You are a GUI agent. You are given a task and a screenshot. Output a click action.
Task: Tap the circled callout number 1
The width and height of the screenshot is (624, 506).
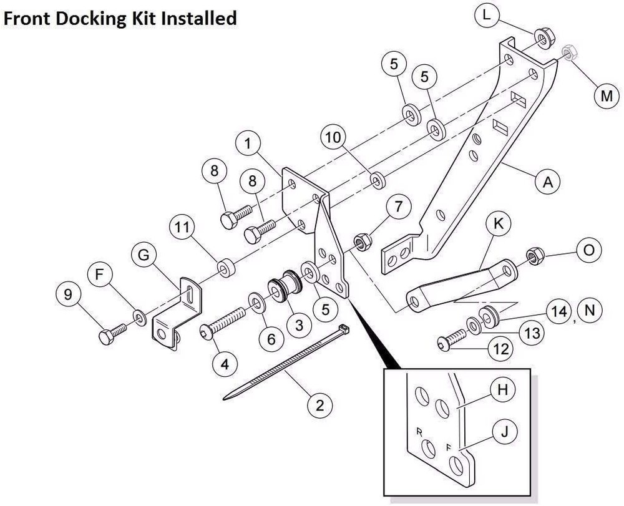(x=248, y=144)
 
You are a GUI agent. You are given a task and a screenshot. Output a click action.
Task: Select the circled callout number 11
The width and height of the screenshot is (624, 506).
(x=182, y=229)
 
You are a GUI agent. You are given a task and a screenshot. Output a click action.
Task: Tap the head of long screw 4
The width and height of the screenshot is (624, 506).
(x=207, y=332)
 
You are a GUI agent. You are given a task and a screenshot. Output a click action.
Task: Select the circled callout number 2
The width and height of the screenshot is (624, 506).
(x=319, y=406)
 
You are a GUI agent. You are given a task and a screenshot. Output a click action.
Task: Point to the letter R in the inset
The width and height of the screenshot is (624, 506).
(x=419, y=431)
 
